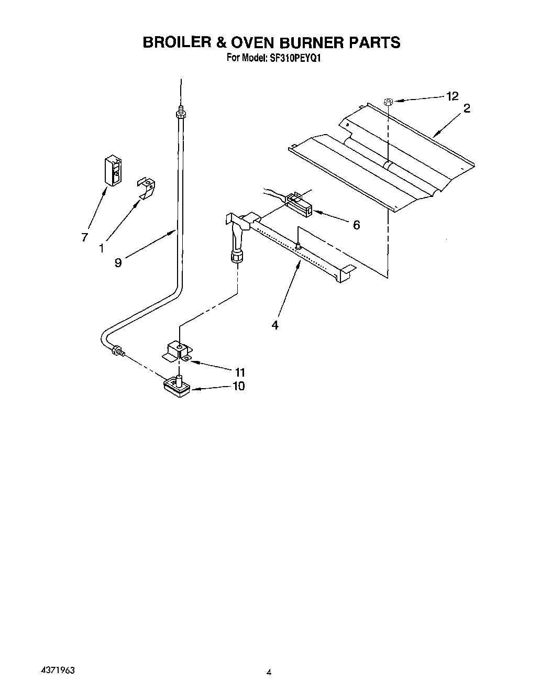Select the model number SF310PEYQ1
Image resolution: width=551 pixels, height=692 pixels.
coord(295,59)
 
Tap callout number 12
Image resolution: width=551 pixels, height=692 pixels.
coord(452,96)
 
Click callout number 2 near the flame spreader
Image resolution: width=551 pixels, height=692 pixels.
coord(467,108)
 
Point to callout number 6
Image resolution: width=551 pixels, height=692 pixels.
coord(356,225)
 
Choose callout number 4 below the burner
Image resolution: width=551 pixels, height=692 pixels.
coord(275,325)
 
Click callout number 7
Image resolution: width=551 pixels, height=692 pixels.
coord(84,237)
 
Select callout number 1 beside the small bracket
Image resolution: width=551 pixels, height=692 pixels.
coord(102,247)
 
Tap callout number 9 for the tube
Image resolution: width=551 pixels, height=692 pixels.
coord(118,262)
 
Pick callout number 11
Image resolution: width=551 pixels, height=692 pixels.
coord(240,372)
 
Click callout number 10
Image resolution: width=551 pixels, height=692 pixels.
coord(238,387)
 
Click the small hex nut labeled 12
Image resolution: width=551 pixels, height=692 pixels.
coord(388,102)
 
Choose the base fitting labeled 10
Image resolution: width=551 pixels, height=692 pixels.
coord(177,387)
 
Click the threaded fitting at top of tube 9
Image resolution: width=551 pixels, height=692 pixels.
coord(181,113)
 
